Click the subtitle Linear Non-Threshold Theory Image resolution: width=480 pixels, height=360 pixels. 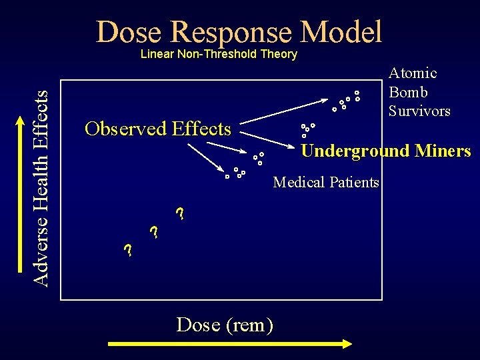click(219, 54)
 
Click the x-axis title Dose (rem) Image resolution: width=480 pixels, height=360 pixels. click(225, 325)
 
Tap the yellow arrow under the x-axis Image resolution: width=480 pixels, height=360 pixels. click(229, 344)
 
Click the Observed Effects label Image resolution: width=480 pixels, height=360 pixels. click(158, 129)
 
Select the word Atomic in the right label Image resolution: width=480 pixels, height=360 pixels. click(413, 73)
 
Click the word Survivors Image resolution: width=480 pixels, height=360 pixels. click(419, 111)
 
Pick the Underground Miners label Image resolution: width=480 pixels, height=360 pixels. click(386, 151)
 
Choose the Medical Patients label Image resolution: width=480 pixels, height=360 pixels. click(326, 182)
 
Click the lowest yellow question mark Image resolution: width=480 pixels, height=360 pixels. click(128, 251)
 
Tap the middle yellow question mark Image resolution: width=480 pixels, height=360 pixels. click(154, 233)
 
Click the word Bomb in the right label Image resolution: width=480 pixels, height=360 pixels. click(408, 92)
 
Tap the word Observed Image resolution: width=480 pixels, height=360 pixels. click(125, 129)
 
